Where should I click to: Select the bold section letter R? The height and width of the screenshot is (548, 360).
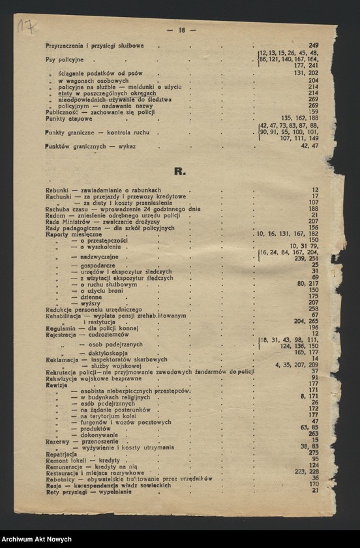pos(180,172)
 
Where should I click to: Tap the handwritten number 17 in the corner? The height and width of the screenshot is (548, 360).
pos(27,27)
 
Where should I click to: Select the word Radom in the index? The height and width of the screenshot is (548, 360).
pos(54,215)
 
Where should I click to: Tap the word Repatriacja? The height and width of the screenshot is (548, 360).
pos(61,452)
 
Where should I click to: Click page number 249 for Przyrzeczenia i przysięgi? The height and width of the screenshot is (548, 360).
pos(313,46)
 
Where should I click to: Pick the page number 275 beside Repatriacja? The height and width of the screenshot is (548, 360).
pos(314,452)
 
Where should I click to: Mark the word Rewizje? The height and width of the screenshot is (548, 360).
pos(56,384)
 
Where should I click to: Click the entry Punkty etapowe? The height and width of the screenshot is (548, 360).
pos(65,118)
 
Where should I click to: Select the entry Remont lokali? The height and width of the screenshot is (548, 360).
pos(64,459)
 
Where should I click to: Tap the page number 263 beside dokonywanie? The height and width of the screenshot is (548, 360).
pos(314,433)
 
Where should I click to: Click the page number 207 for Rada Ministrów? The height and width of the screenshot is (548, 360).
pos(314,221)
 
